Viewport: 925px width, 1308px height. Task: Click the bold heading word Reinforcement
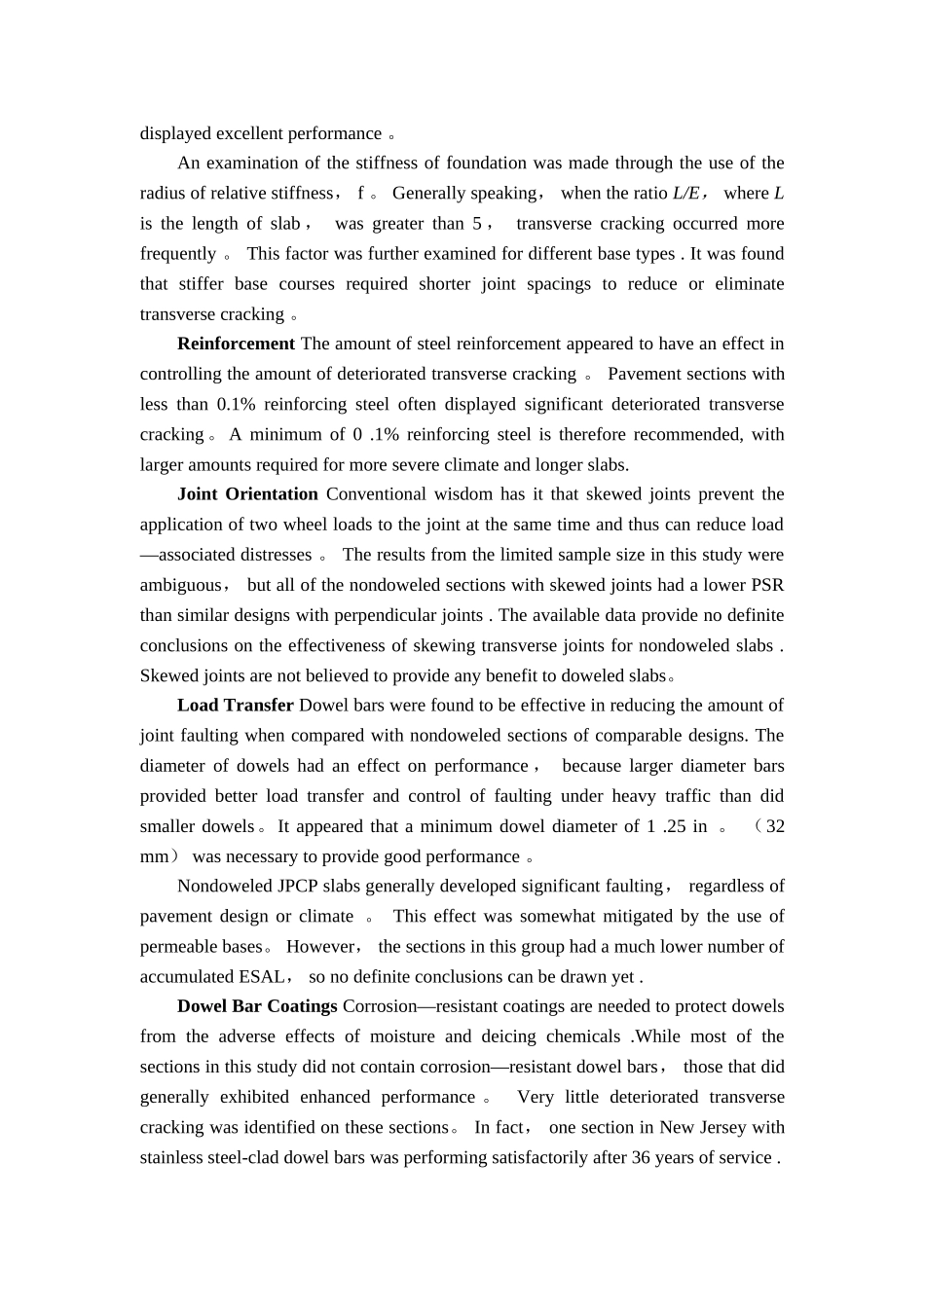coord(236,344)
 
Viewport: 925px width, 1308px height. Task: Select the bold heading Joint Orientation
coord(247,494)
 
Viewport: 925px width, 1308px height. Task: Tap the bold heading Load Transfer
coord(236,706)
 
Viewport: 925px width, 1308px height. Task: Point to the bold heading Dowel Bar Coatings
coord(257,1006)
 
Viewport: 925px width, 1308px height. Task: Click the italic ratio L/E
coord(686,193)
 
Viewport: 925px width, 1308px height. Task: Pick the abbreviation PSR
coord(768,585)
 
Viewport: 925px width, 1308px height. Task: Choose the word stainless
coord(171,1158)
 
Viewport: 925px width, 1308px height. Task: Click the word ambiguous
coord(181,585)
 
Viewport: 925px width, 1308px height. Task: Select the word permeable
coord(176,947)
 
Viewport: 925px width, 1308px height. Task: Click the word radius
coord(163,193)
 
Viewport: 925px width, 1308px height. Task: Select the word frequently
coord(178,254)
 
